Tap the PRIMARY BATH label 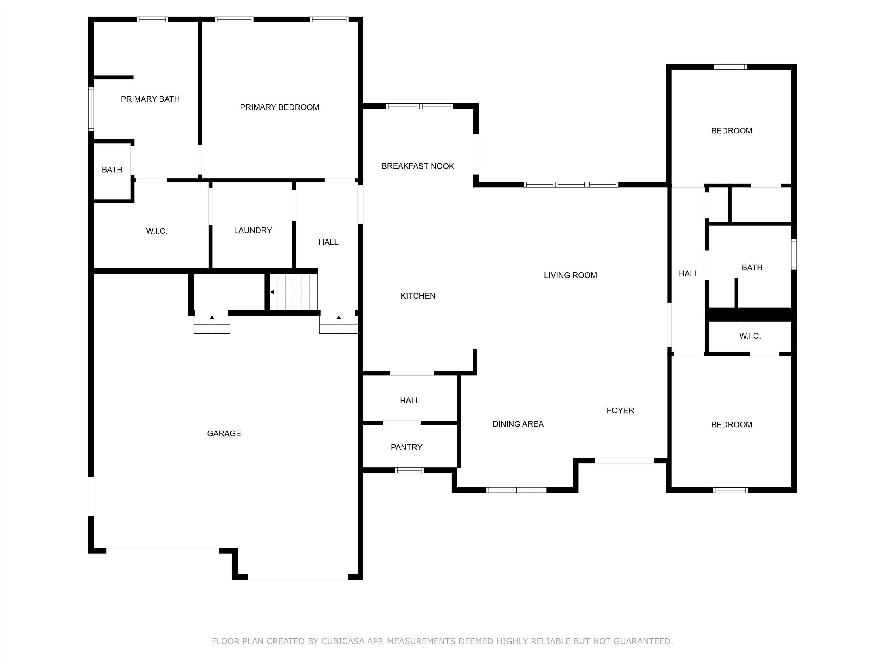pos(150,99)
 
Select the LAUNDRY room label pos(253,230)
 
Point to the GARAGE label pos(224,433)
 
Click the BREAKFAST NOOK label pos(418,166)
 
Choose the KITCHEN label pos(418,296)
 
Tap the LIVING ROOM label pos(570,275)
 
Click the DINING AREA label pos(518,424)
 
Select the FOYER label pos(620,411)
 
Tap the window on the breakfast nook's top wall pos(420,106)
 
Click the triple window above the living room pos(571,184)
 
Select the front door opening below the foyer pos(625,461)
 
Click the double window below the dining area pos(517,490)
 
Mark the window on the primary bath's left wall pos(91,109)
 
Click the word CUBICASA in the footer pos(343,642)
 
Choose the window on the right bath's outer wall pos(794,254)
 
